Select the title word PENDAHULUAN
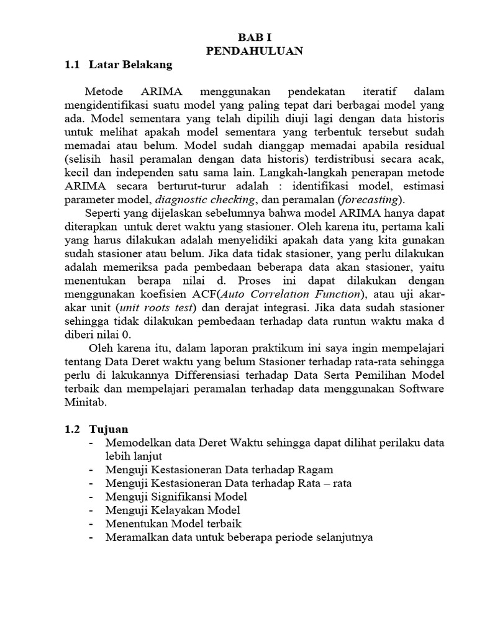[255, 51]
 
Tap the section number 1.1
[73, 64]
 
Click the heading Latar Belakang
[130, 64]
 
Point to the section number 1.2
[73, 429]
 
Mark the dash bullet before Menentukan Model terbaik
[92, 524]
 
